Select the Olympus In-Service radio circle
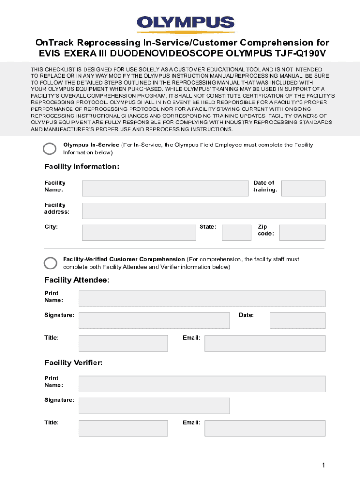[x=50, y=149]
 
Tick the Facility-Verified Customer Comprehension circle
[x=50, y=263]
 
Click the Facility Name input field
[x=165, y=188]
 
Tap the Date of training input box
[x=303, y=188]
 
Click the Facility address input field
[x=203, y=210]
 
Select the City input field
[x=139, y=232]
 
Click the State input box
[x=236, y=232]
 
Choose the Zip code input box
[x=302, y=232]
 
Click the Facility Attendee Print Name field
[x=202, y=298]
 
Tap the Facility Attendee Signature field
[x=154, y=320]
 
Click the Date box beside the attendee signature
[x=297, y=320]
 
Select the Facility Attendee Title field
[x=123, y=343]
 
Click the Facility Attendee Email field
[x=265, y=343]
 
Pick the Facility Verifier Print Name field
[x=202, y=384]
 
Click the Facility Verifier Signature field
[x=154, y=406]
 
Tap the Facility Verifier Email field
[x=265, y=428]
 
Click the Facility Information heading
[x=82, y=167]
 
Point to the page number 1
[x=323, y=465]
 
